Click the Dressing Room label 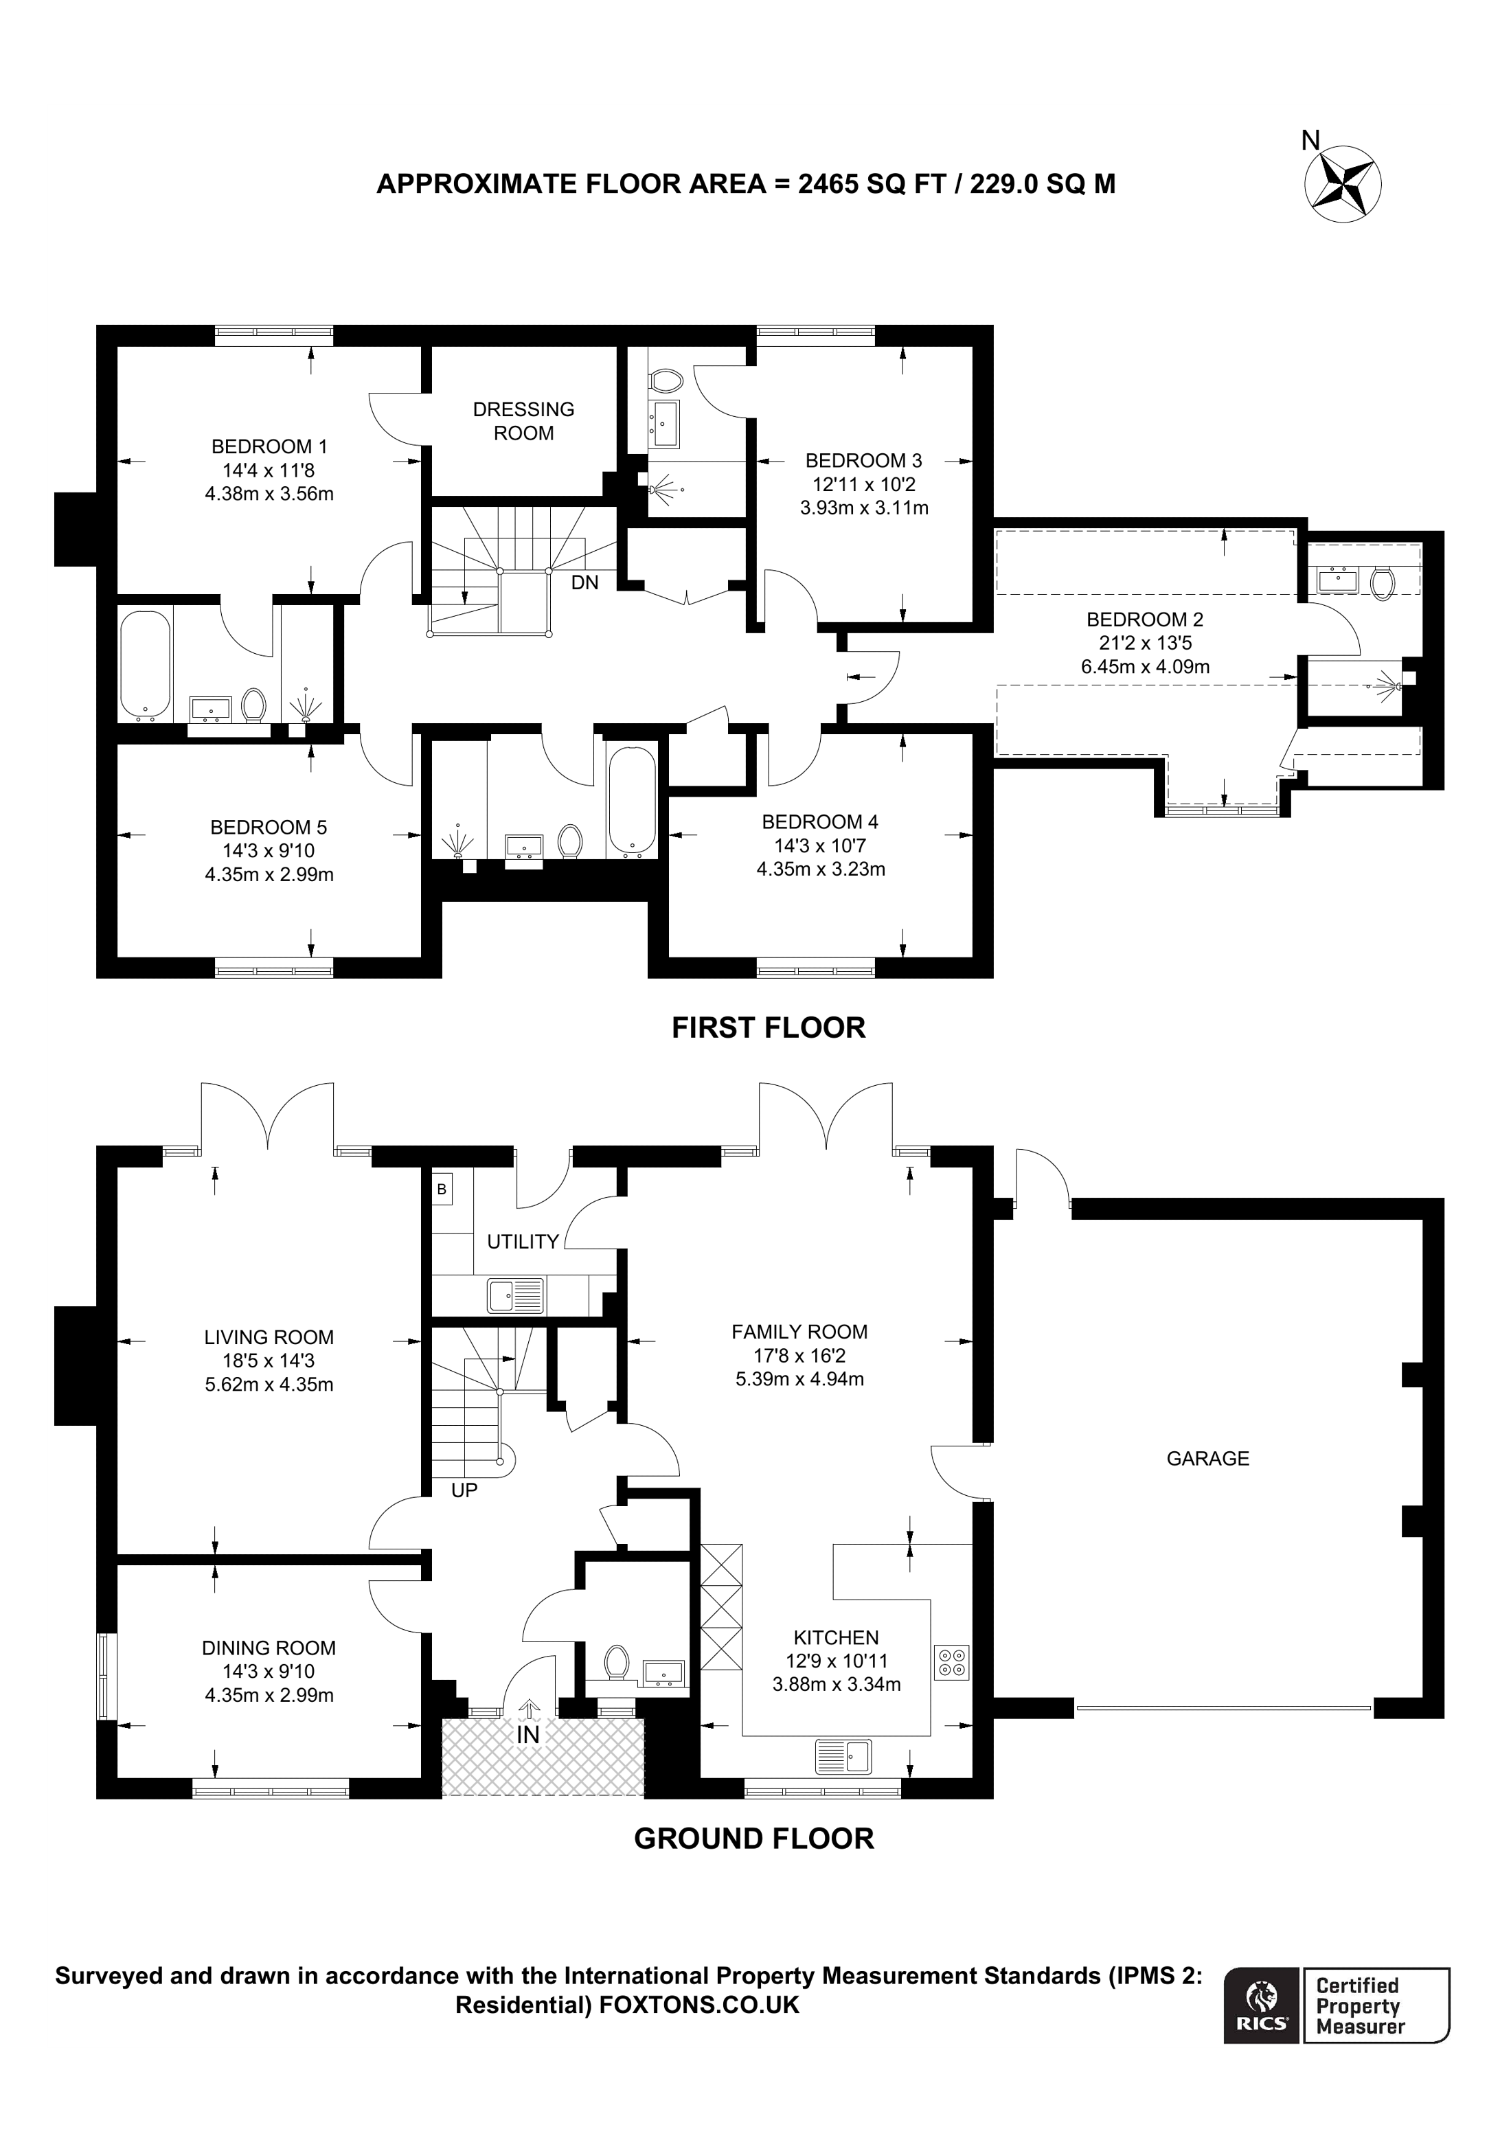pos(523,421)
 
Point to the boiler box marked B pos(442,1189)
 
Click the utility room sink pos(515,1295)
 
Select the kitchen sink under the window pos(843,1756)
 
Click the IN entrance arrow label pos(528,1735)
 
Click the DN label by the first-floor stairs pos(584,583)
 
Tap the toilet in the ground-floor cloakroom pos(616,1662)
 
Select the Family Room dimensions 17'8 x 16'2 pos(799,1356)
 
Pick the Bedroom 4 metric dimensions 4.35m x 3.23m pos(820,869)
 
